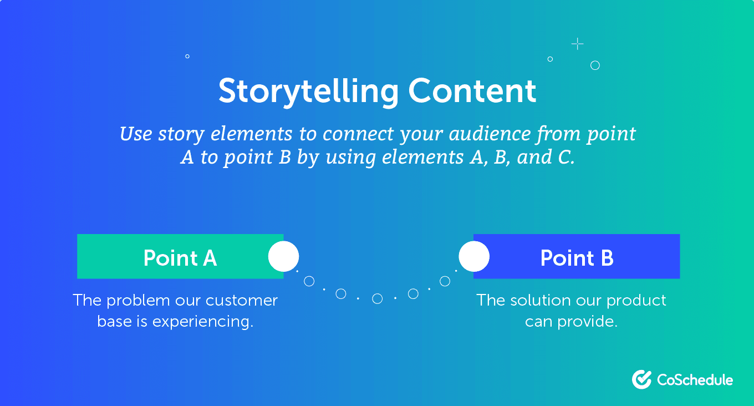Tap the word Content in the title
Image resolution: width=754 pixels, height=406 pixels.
click(x=473, y=91)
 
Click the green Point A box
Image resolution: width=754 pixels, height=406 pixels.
click(x=180, y=257)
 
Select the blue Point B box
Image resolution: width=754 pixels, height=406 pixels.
click(x=577, y=257)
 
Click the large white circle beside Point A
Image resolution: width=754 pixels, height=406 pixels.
click(x=283, y=257)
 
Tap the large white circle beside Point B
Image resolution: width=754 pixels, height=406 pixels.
click(x=474, y=257)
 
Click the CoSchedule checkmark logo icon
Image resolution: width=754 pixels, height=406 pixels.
click(x=641, y=379)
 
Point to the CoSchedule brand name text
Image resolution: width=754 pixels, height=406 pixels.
click(x=695, y=380)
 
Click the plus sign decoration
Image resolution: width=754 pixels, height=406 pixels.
click(x=578, y=44)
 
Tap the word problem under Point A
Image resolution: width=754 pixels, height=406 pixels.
click(x=138, y=301)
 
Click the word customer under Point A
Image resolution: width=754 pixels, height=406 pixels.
click(x=242, y=301)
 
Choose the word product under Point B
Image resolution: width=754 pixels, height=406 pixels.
click(x=636, y=301)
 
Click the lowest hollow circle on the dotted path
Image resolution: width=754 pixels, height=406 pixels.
click(x=378, y=299)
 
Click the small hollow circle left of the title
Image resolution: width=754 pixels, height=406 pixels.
click(x=187, y=57)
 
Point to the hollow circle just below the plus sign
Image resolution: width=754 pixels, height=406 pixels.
click(x=595, y=65)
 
